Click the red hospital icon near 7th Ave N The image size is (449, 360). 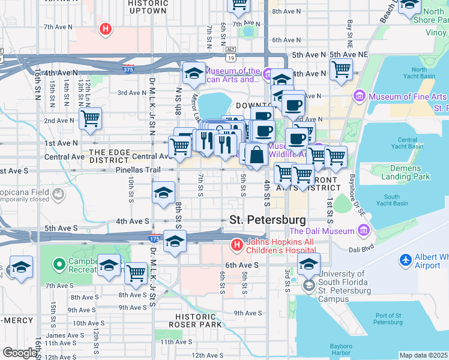(106, 28)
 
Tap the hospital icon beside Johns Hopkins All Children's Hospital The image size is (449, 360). (237, 245)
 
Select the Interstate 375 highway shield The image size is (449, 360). (127, 68)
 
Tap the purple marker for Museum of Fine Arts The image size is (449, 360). (360, 96)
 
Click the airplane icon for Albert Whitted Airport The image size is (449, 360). (406, 260)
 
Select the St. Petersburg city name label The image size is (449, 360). (267, 220)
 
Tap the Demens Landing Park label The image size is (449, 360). (405, 173)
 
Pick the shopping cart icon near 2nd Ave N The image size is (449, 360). (90, 118)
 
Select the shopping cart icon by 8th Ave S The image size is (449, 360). (136, 273)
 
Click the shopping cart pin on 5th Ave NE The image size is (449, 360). (341, 68)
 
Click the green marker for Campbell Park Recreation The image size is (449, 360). (59, 264)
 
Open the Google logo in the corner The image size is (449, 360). (20, 353)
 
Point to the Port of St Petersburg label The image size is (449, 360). (389, 319)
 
